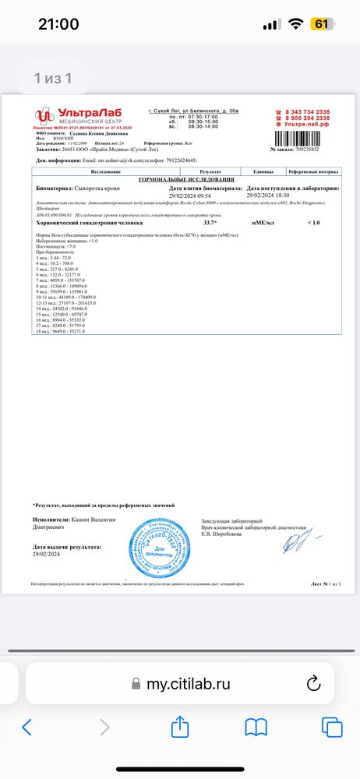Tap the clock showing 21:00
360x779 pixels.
(x=58, y=24)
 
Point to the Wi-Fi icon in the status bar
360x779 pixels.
(x=295, y=24)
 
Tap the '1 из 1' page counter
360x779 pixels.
(x=53, y=78)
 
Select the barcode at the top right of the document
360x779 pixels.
(x=296, y=138)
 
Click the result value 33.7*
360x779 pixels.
(x=211, y=223)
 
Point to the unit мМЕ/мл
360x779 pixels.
(x=262, y=223)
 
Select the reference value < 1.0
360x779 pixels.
(x=313, y=223)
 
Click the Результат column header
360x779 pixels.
(x=210, y=171)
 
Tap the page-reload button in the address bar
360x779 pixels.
(x=314, y=684)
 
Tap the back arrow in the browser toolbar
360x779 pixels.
(x=27, y=728)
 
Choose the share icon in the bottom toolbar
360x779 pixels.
(x=180, y=727)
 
